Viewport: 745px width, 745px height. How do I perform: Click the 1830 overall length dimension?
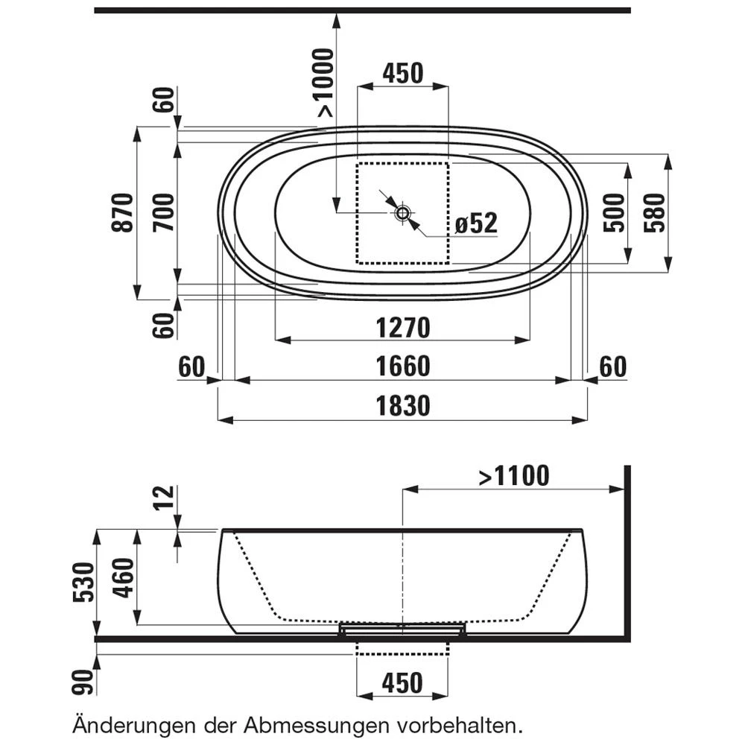pyautogui.click(x=402, y=406)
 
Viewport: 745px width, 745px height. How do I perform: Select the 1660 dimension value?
pyautogui.click(x=402, y=367)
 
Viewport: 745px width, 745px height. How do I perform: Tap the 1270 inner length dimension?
pyautogui.click(x=402, y=327)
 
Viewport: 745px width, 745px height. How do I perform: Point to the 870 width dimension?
pyautogui.click(x=124, y=212)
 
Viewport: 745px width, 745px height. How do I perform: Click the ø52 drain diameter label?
pyautogui.click(x=475, y=223)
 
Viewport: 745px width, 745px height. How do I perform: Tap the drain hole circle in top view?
pyautogui.click(x=403, y=213)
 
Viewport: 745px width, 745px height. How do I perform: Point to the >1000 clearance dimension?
pyautogui.click(x=326, y=82)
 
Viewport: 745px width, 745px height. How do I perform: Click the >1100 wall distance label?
pyautogui.click(x=514, y=475)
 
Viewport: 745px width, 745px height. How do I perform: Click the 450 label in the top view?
pyautogui.click(x=402, y=73)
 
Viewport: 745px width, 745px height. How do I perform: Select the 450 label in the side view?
pyautogui.click(x=402, y=682)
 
